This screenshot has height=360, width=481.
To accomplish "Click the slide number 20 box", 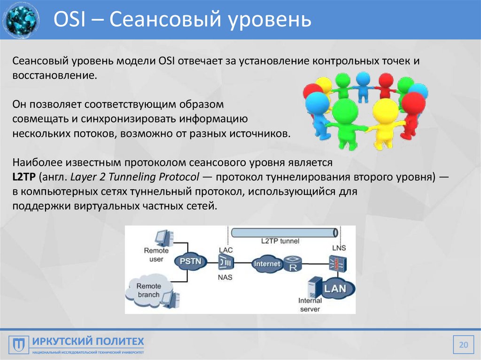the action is (463, 345).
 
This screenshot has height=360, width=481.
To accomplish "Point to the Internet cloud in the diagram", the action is (267, 264).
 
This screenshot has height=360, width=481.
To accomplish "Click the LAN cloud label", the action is (335, 287).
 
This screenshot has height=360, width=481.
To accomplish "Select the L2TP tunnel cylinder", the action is (285, 232).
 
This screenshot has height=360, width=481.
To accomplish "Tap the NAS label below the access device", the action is (225, 277).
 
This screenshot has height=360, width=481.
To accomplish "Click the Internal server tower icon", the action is (313, 287).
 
